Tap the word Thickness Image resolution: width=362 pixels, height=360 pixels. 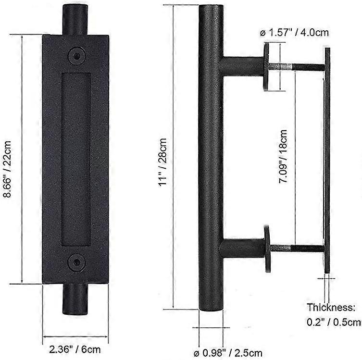[331, 307]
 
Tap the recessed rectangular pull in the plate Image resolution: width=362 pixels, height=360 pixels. [75, 159]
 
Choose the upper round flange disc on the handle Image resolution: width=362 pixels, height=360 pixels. [267, 67]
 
